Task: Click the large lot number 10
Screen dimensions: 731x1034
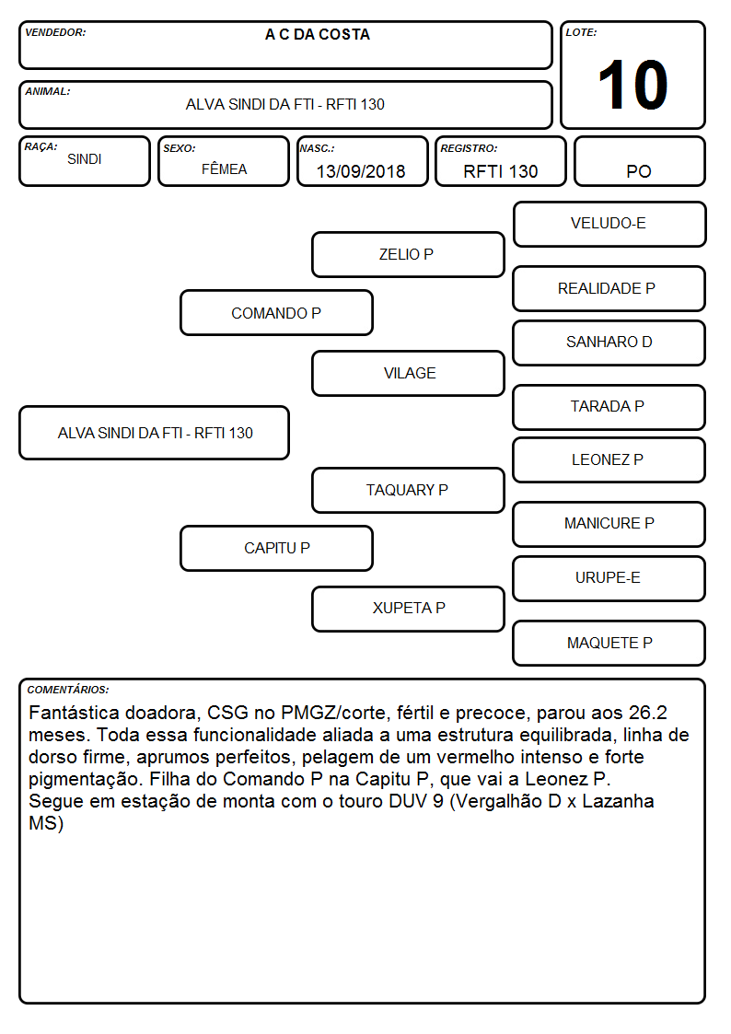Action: (x=632, y=85)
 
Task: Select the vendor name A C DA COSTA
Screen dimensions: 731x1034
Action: (x=318, y=34)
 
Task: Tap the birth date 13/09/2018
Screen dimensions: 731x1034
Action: (x=361, y=171)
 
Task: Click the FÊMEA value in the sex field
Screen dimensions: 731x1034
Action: (x=224, y=168)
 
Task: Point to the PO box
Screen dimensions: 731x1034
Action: (x=639, y=161)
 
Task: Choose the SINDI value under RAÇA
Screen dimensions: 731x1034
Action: (x=85, y=159)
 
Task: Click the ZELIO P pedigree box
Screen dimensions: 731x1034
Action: (x=408, y=254)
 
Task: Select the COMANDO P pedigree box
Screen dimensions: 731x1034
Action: (x=277, y=313)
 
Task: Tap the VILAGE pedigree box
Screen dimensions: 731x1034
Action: (x=408, y=373)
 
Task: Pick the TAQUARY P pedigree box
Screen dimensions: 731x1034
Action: (x=408, y=490)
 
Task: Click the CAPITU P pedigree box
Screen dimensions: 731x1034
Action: (x=277, y=548)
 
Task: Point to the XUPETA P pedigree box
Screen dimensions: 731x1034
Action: (x=408, y=609)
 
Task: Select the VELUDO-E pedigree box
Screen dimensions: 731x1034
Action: (x=609, y=225)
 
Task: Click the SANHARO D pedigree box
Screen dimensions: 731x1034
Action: (x=609, y=343)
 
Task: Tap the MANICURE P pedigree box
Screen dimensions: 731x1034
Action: (x=609, y=524)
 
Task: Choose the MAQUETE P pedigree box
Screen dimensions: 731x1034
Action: (x=609, y=643)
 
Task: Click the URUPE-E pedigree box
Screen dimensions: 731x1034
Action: (x=609, y=578)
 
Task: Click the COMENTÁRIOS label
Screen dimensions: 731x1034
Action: (x=68, y=690)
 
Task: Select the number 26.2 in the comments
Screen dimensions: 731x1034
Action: (x=648, y=713)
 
